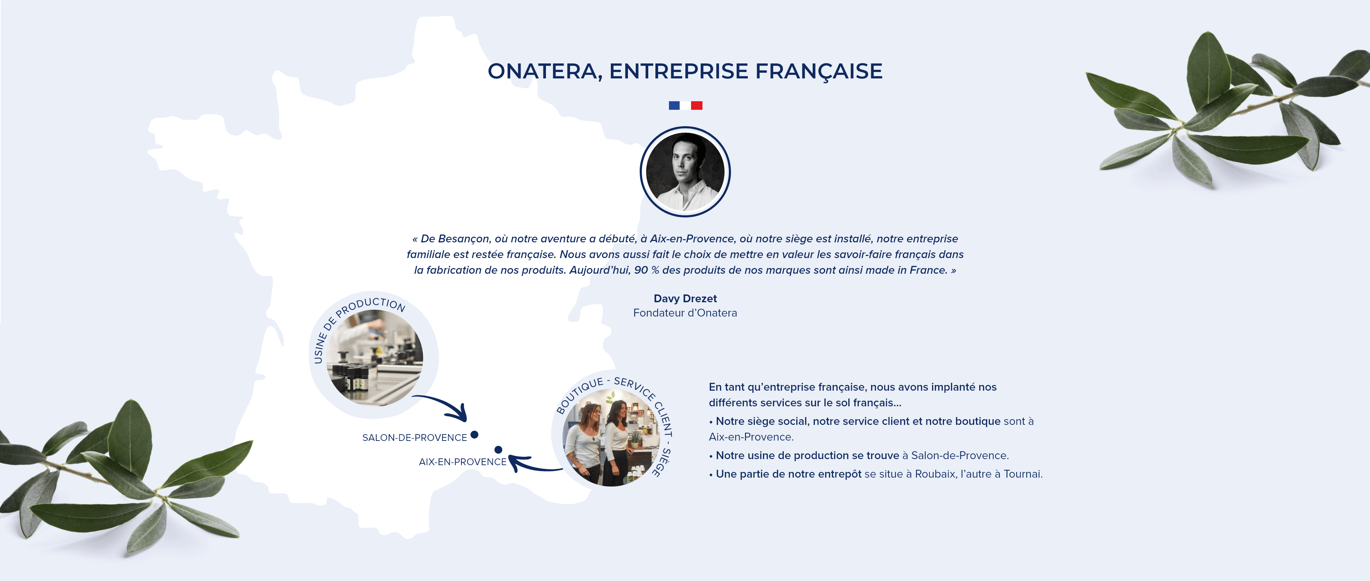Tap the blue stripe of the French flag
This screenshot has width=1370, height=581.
pos(674,105)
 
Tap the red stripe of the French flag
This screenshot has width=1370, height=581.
pos(697,105)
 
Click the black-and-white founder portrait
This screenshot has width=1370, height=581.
pos(685,172)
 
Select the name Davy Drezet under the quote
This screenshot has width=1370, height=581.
pos(685,298)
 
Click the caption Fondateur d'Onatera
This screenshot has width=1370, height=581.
pos(685,313)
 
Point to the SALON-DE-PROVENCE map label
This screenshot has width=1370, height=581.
pos(414,437)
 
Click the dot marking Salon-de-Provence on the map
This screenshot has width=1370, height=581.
pos(474,435)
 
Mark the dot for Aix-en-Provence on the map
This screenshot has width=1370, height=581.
pos(498,450)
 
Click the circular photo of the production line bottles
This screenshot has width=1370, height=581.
pos(374,358)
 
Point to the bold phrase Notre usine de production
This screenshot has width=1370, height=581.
pos(781,456)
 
